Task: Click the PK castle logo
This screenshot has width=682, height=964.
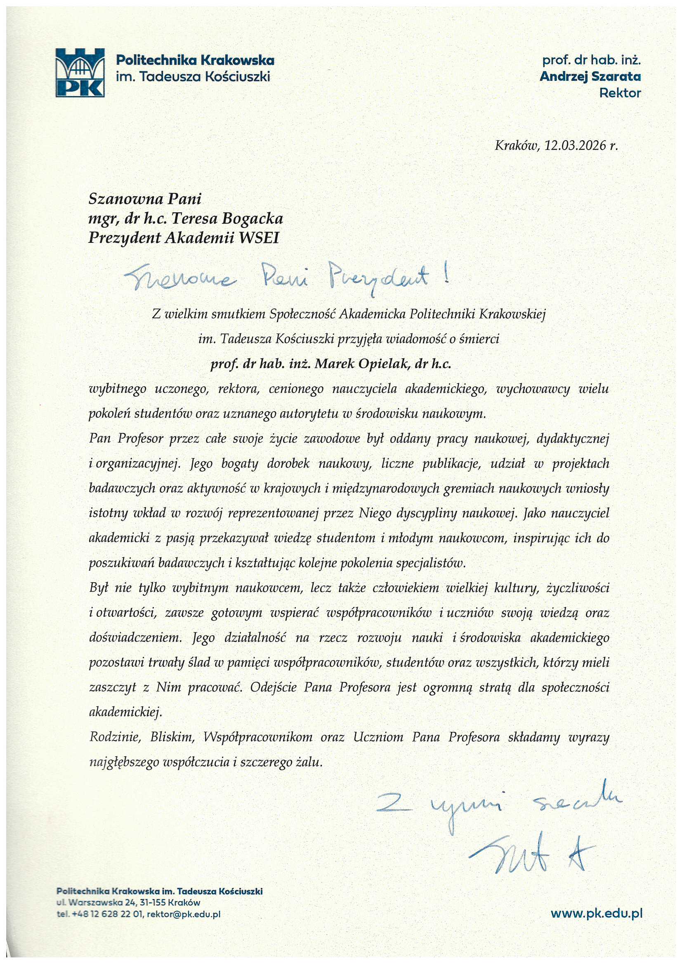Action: coord(80,72)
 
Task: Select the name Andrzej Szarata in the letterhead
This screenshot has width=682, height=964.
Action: coord(590,76)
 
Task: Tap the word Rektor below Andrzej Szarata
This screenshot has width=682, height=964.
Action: coord(620,93)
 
